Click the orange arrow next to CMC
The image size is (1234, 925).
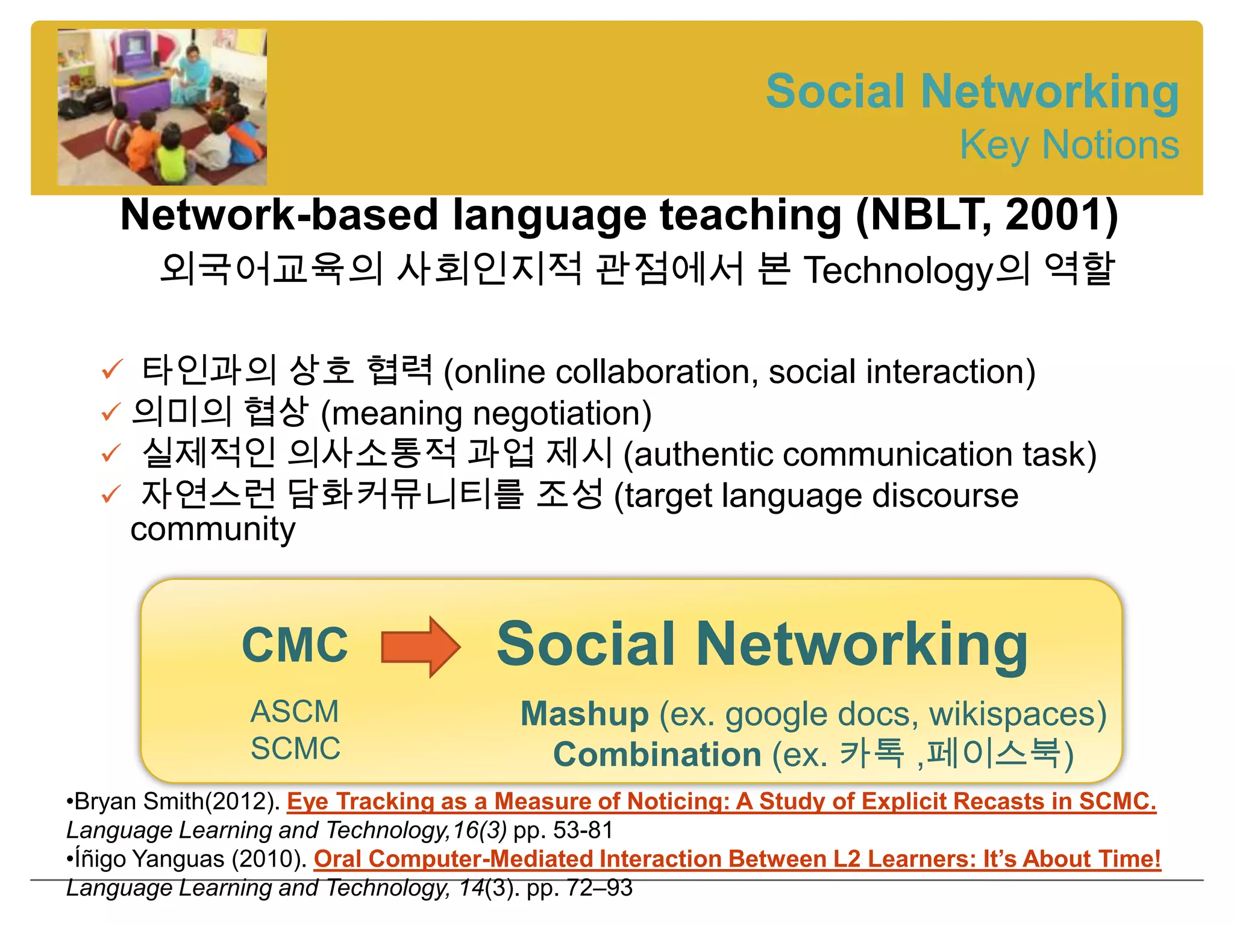421,647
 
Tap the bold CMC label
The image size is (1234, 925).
295,645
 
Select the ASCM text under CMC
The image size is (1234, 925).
295,712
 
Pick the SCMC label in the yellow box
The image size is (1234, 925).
295,749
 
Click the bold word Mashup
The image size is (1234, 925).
584,714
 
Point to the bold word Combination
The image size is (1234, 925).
657,755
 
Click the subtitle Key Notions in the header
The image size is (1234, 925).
1069,145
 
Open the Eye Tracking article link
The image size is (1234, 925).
721,802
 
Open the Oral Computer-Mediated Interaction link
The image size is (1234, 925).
736,859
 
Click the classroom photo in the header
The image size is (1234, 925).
162,107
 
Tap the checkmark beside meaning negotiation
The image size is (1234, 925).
111,413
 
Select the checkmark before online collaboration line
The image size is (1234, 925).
112,370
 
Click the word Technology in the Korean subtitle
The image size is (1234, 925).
898,270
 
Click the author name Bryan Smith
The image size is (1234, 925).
139,802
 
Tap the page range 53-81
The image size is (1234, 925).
582,830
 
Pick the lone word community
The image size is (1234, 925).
213,530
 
